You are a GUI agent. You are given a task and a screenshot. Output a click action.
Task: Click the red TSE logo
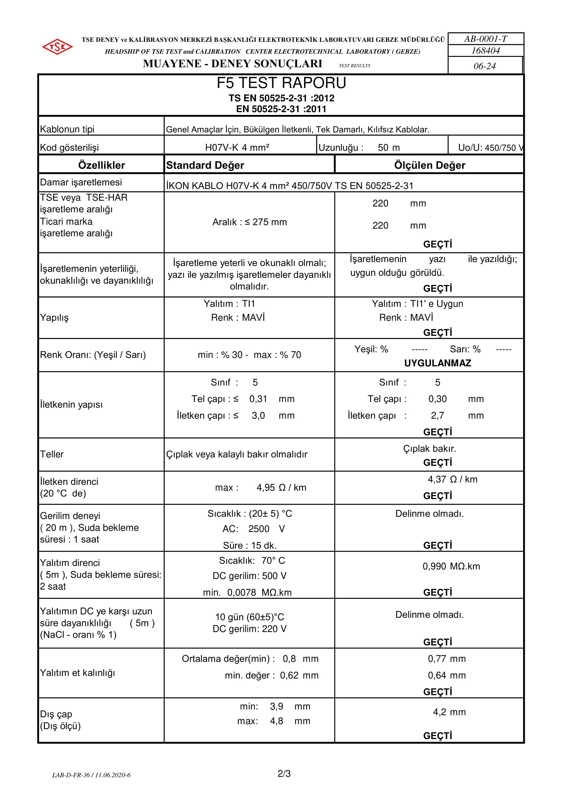58,46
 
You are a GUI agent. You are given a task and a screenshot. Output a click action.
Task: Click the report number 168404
486,51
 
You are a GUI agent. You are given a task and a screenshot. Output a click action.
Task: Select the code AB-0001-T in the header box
485,39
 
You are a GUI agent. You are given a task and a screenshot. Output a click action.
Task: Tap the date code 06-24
485,66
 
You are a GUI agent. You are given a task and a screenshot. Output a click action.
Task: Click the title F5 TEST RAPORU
281,83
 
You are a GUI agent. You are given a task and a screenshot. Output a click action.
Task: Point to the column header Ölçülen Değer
430,165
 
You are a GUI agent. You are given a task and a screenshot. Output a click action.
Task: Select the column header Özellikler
101,165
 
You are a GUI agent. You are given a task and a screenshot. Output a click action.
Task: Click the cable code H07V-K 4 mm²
237,148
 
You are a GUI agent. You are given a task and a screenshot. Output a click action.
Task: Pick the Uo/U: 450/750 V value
490,148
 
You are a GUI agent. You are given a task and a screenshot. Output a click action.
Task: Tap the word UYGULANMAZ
437,363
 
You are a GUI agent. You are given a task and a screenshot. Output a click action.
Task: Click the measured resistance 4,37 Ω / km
453,479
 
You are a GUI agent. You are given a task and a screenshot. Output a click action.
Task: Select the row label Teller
52,454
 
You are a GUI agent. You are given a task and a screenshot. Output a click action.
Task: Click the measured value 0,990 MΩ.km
451,566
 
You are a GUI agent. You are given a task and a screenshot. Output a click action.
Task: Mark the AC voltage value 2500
259,529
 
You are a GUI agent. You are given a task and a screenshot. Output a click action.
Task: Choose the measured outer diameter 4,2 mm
449,712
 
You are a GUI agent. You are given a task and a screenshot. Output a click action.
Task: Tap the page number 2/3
284,774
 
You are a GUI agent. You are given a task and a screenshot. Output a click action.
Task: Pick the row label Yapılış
54,318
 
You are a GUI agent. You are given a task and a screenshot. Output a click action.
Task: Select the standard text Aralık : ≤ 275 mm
250,222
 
